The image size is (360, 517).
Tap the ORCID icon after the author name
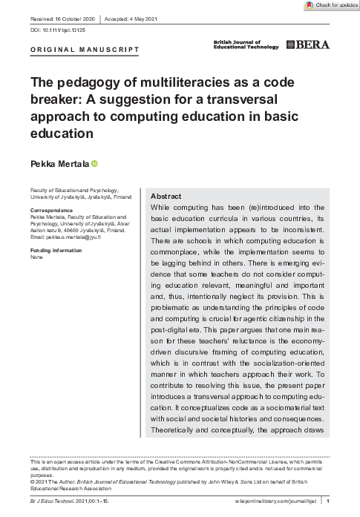pos(95,163)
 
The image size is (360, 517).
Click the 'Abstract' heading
pos(166,196)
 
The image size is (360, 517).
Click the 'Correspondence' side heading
pos(50,210)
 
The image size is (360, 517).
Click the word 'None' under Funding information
pos(36,257)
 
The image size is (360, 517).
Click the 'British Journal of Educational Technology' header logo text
pos(246,45)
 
